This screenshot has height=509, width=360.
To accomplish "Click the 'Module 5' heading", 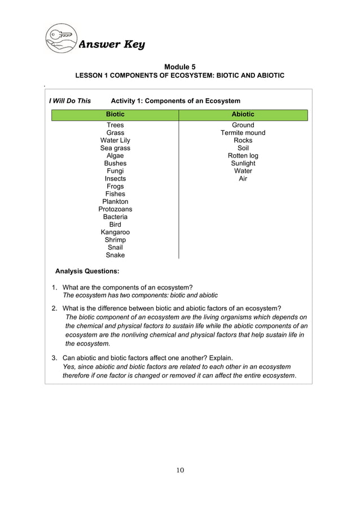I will click(180, 67).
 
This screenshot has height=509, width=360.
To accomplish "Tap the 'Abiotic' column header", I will click(243, 115).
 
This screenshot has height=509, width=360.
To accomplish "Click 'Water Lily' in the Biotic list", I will click(115, 141).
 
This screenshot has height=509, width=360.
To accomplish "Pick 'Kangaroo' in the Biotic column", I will click(115, 232).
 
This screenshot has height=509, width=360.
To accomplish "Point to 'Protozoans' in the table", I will click(115, 209).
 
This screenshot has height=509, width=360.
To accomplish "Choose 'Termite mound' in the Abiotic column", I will click(243, 133).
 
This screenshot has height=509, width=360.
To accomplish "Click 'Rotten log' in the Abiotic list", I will click(243, 156).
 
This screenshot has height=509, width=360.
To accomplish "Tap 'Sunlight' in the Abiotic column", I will click(243, 163).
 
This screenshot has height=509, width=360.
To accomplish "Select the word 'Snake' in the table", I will click(115, 255).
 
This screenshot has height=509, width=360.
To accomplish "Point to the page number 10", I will click(180, 471).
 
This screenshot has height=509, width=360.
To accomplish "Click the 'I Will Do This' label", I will click(70, 101).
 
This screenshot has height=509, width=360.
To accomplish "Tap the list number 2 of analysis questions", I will click(54, 309).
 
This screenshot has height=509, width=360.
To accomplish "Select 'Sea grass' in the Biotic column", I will click(115, 148).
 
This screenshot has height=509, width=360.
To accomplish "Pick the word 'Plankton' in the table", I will click(115, 201).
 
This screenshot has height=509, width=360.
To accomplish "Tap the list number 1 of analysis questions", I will click(54, 287).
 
